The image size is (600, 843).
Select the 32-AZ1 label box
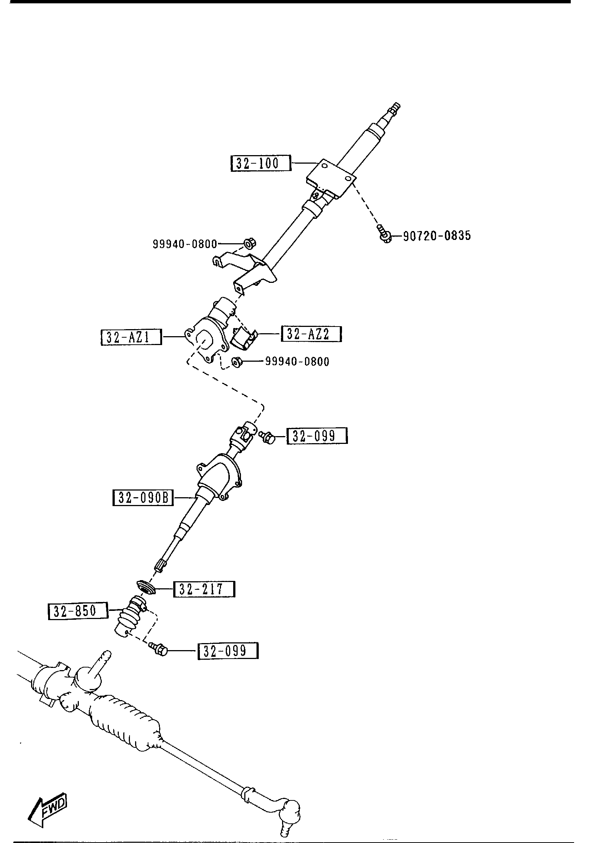tap(131, 337)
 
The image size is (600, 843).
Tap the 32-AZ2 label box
tap(311, 334)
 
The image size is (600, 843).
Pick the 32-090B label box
tap(143, 498)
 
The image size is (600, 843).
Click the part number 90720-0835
tap(436, 235)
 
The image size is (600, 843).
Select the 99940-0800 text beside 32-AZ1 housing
tap(297, 361)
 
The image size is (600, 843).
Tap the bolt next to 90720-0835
tap(384, 234)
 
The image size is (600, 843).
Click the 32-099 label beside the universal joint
tap(317, 436)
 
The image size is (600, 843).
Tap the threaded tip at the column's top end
tap(395, 108)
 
